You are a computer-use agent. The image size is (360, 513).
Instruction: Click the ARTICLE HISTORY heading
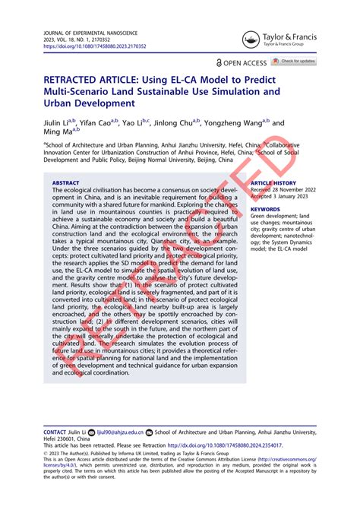(x=273, y=183)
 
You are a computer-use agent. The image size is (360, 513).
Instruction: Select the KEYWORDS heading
(x=265, y=208)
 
